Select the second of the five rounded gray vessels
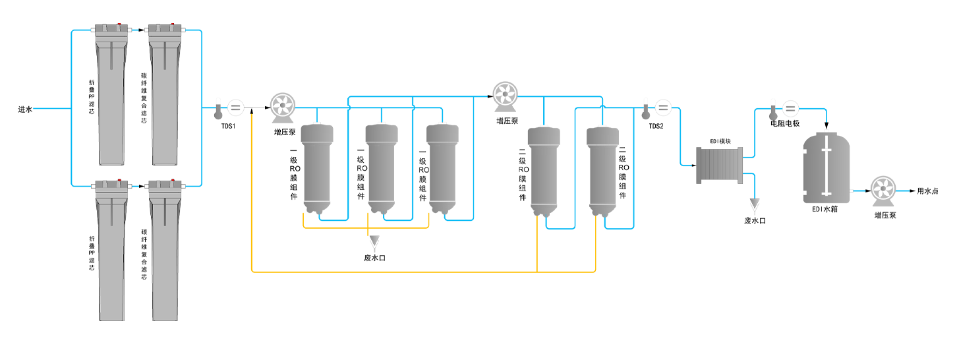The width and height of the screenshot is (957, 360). click(381, 168)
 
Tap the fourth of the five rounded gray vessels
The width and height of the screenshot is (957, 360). click(544, 170)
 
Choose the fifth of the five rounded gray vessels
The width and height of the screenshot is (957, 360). click(603, 170)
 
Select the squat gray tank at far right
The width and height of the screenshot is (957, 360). click(826, 168)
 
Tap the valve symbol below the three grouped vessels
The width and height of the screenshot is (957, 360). click(374, 243)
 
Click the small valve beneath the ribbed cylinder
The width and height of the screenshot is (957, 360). click(755, 206)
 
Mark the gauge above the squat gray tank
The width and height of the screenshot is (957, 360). click(774, 111)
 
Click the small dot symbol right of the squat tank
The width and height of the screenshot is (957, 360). click(882, 189)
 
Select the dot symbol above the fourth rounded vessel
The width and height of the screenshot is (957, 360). click(504, 94)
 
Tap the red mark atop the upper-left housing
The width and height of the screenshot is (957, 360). click(119, 25)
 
